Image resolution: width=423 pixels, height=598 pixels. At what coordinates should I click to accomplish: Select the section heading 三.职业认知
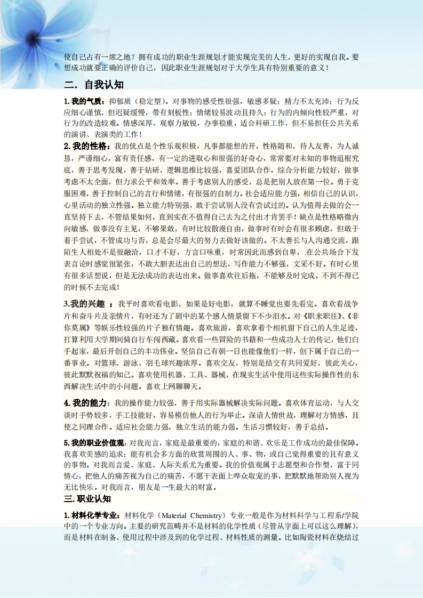point(87,499)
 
